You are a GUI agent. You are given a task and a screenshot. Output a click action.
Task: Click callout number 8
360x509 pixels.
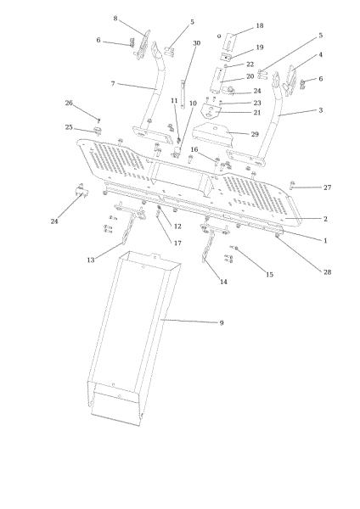(115, 18)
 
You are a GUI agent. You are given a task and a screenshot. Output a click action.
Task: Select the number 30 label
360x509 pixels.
(197, 43)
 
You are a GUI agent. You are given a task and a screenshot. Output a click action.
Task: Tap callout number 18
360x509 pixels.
(260, 25)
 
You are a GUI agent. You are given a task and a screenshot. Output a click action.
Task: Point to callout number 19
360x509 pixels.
(260, 47)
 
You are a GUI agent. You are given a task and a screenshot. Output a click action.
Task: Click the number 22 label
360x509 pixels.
(250, 64)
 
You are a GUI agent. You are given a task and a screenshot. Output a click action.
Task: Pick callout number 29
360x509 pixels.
(255, 134)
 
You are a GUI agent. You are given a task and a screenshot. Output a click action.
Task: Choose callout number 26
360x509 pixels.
(69, 103)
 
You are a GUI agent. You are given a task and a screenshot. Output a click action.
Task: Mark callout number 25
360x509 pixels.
(69, 127)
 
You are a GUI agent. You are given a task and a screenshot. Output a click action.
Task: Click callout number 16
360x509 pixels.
(194, 149)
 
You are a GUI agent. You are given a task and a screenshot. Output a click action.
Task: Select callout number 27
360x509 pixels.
(327, 187)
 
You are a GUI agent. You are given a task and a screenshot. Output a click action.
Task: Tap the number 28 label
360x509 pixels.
(327, 271)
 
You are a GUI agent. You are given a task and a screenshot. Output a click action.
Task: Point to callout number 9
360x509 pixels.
(222, 322)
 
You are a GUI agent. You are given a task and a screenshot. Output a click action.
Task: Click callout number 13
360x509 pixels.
(91, 260)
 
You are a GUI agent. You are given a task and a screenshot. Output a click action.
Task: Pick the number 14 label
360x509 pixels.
(223, 282)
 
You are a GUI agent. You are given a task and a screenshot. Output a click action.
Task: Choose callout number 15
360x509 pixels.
(269, 274)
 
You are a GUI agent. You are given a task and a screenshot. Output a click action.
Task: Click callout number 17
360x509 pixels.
(177, 243)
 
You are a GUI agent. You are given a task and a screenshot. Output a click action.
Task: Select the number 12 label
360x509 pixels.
(177, 227)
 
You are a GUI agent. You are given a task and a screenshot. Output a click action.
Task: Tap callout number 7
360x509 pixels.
(113, 83)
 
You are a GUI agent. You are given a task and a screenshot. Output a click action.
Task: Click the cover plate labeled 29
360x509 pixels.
(214, 134)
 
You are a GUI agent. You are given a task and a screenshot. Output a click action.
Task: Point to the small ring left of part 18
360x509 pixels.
(219, 36)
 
